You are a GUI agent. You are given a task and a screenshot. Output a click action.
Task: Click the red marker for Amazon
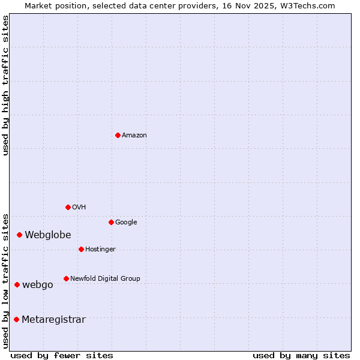[118, 135]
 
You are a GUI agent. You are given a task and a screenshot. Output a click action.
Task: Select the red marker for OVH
[68, 207]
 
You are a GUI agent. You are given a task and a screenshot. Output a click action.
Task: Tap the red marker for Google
[111, 222]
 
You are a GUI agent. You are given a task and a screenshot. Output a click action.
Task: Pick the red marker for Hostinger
[81, 249]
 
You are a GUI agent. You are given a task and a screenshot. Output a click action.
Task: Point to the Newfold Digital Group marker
[66, 278]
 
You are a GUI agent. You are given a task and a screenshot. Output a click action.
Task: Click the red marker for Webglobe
[19, 235]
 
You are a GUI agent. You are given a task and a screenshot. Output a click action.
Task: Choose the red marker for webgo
[17, 284]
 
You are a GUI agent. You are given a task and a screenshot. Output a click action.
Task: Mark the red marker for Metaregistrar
[16, 319]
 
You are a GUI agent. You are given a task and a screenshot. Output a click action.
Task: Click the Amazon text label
[134, 136]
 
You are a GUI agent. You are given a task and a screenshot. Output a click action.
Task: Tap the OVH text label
[79, 208]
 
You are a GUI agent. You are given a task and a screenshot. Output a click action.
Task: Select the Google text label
[126, 223]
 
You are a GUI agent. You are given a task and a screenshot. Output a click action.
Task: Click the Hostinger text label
[100, 250]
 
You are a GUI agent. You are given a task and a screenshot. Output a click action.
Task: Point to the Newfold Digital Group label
[105, 279]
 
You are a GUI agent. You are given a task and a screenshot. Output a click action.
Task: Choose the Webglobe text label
[48, 235]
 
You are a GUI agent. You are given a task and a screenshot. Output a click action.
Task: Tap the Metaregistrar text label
[53, 320]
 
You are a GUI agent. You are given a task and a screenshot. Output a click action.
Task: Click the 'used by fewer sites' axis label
[62, 355]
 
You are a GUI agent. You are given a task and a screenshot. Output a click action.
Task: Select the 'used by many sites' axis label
[301, 355]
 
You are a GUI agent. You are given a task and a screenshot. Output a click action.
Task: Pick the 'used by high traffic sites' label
[5, 85]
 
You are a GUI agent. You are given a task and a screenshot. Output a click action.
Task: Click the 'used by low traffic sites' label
[5, 280]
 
